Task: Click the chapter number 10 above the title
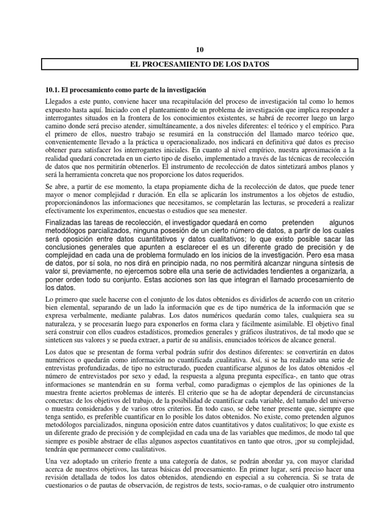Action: pyautogui.click(x=200, y=50)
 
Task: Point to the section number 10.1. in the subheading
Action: pyautogui.click(x=54, y=89)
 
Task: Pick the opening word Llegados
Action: pyautogui.click(x=59, y=101)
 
